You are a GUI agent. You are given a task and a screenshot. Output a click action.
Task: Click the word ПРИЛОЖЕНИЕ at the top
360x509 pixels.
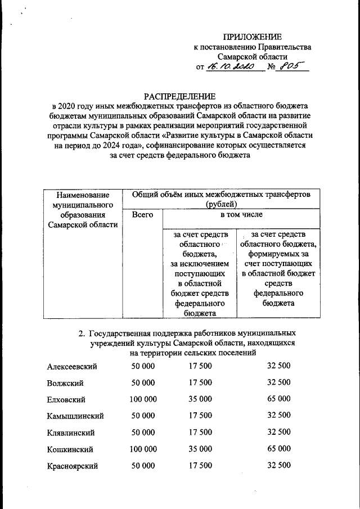point(252,37)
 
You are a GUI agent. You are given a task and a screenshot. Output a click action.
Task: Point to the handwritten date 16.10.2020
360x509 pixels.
point(231,67)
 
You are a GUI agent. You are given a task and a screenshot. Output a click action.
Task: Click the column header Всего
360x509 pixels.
point(142,215)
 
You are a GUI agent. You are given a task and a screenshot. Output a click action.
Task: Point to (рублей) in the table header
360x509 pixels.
point(221,204)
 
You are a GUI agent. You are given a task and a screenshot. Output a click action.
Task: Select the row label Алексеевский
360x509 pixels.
point(72,366)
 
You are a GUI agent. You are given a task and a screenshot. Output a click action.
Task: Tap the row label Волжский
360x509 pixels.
point(66,383)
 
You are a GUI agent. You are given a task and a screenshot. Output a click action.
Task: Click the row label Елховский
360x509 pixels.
point(66,399)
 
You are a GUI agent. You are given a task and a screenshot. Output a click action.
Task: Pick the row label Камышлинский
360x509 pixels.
point(75,416)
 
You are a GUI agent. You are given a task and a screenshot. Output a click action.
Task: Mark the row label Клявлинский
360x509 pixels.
point(71,433)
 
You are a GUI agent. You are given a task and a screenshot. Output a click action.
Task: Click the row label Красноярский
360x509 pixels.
point(73,466)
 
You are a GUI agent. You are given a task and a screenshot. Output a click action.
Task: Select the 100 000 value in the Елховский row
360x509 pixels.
point(143,399)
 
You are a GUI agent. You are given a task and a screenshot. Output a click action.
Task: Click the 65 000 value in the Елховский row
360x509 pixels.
point(279,399)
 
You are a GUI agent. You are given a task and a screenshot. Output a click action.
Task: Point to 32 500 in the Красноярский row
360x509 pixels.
point(279,465)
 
